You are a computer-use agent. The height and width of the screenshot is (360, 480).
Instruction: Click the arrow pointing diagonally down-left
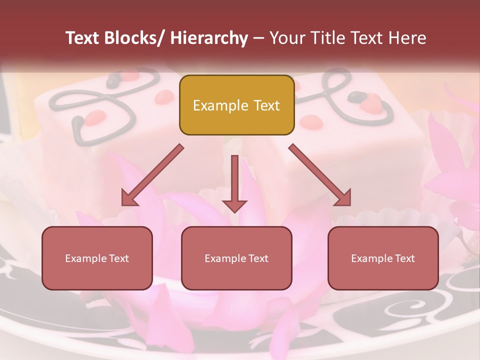point(152,175)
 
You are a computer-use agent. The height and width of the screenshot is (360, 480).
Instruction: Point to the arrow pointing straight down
point(234,182)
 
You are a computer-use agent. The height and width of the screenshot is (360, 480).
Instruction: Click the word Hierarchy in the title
point(209,38)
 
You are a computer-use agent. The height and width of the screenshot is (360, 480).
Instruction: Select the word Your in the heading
point(287,38)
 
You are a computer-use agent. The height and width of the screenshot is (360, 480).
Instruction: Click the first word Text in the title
point(83,38)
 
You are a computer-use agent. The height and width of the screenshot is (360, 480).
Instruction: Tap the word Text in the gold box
point(266,105)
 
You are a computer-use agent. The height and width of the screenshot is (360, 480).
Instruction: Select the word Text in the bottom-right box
point(405,258)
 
